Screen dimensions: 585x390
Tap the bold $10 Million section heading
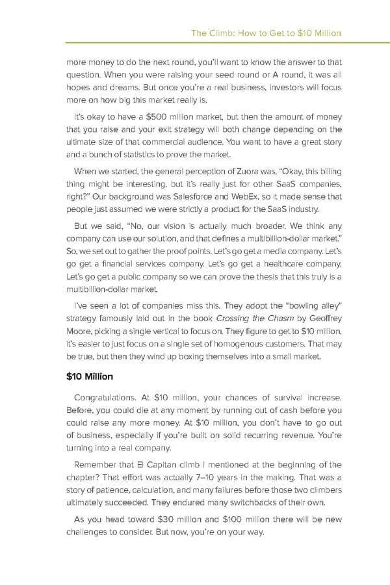coord(90,376)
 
